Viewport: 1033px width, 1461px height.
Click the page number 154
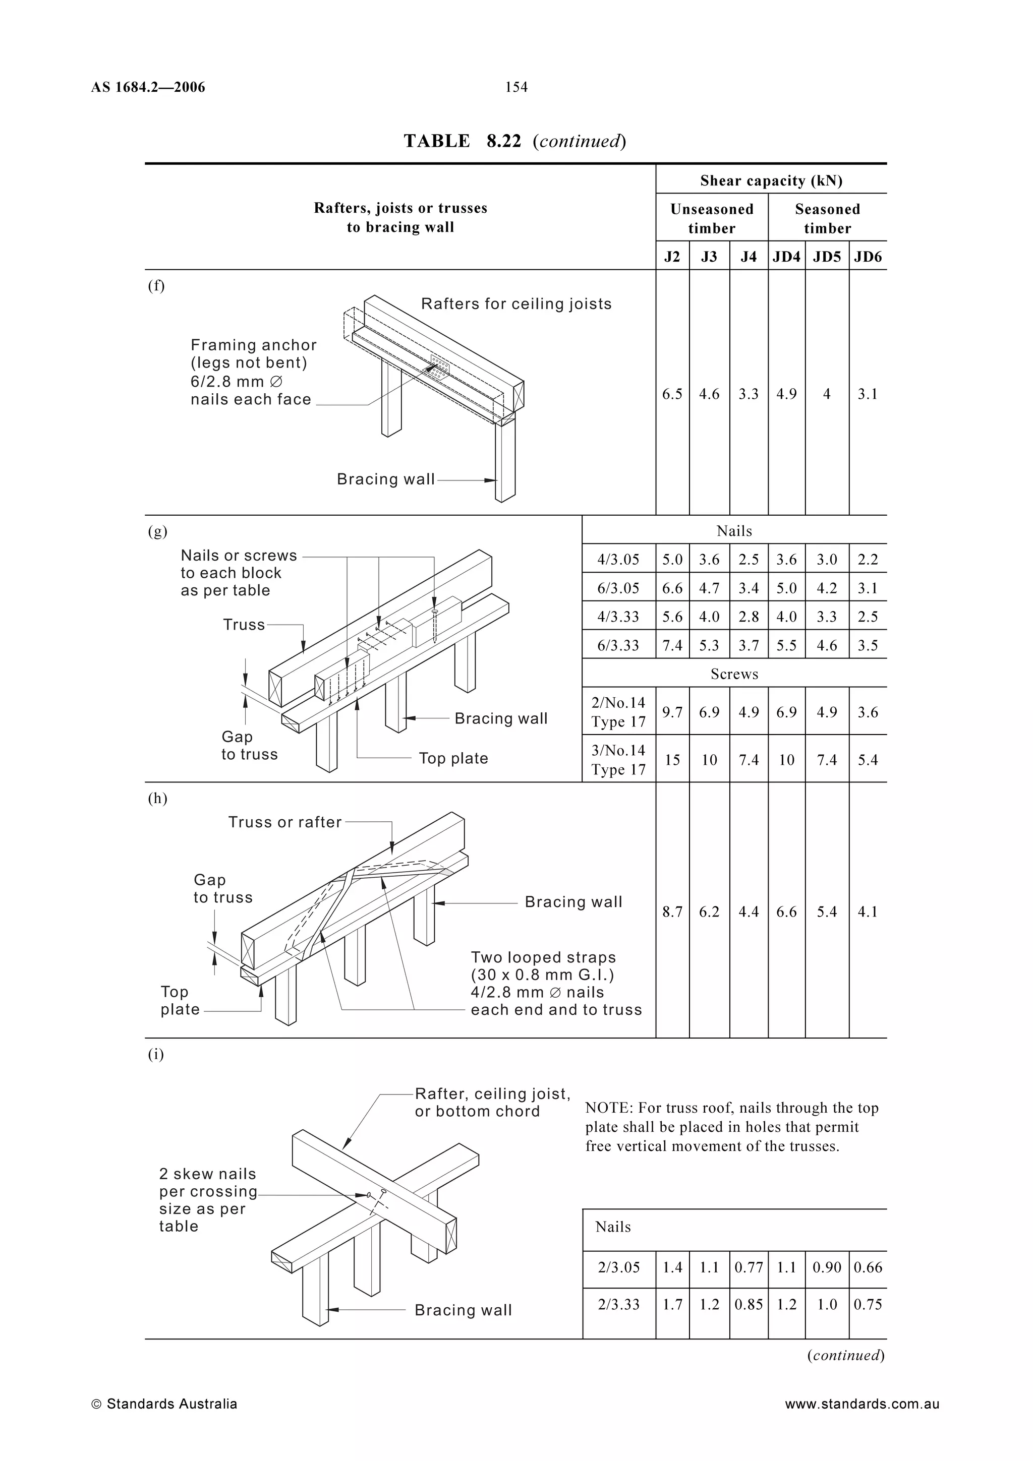pyautogui.click(x=516, y=87)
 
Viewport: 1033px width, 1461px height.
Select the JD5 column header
pyautogui.click(x=827, y=257)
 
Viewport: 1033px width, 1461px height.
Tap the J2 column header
pyautogui.click(x=672, y=257)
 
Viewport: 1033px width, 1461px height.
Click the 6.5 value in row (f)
pyautogui.click(x=672, y=394)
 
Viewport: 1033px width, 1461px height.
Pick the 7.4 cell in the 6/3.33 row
pyautogui.click(x=672, y=645)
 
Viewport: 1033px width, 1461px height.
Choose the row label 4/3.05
pyautogui.click(x=618, y=559)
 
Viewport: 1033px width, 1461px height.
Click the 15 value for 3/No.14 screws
pyautogui.click(x=672, y=760)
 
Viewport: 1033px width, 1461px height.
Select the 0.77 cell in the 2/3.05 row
pyautogui.click(x=749, y=1267)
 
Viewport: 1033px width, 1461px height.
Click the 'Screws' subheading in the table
pyautogui.click(x=734, y=674)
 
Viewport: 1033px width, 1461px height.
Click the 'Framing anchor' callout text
pyautogui.click(x=253, y=345)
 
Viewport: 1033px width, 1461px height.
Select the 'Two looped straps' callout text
pyautogui.click(x=543, y=957)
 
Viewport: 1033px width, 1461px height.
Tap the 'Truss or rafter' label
pyautogui.click(x=284, y=822)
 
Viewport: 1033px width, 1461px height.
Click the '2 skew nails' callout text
pyautogui.click(x=207, y=1174)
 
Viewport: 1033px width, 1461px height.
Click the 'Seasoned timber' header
pyautogui.click(x=827, y=218)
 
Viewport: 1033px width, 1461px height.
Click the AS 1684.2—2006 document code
pyautogui.click(x=148, y=87)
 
